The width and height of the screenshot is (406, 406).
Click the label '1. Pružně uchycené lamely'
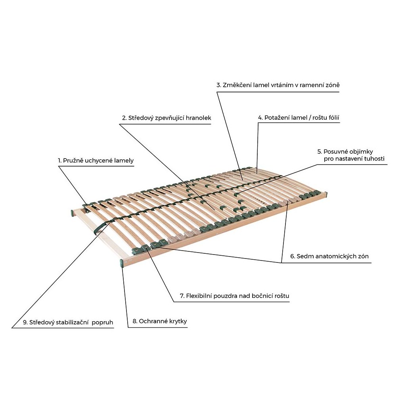[x=96, y=161]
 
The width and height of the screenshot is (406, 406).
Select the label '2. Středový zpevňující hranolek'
[x=167, y=118]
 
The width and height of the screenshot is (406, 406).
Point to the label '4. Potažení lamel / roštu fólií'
[x=299, y=118]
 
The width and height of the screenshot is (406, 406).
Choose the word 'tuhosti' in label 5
[x=374, y=159]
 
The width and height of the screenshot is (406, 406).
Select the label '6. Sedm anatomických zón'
[x=329, y=257]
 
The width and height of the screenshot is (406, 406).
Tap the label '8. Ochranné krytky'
[x=159, y=321]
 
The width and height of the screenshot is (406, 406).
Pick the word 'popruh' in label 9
[x=102, y=323]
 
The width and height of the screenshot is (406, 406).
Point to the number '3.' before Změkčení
[x=219, y=85]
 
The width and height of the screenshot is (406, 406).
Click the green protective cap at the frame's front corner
[x=122, y=263]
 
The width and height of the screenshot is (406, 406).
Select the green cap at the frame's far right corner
[x=326, y=194]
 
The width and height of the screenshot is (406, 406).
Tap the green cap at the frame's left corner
[x=72, y=213]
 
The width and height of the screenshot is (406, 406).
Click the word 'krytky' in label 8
[x=178, y=321]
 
